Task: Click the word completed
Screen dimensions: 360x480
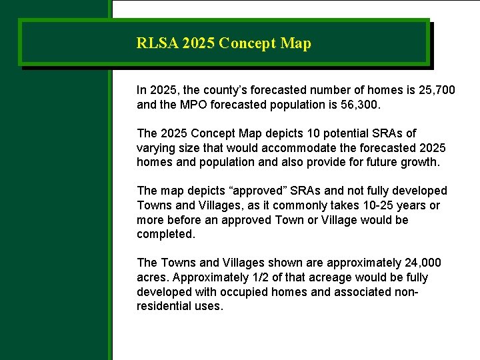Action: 165,235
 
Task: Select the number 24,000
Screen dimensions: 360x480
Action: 423,263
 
